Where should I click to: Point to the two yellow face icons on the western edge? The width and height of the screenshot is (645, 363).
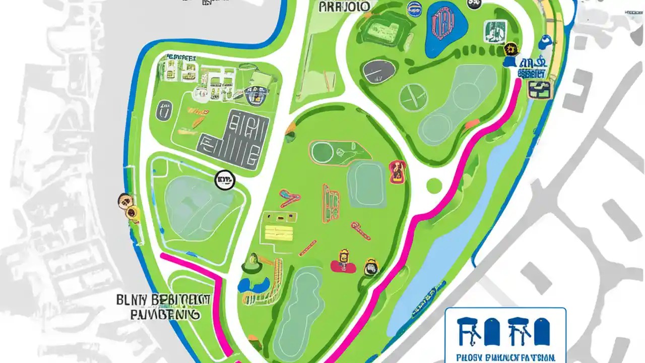click(x=128, y=207)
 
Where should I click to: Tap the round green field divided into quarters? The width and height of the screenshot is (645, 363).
click(x=413, y=97)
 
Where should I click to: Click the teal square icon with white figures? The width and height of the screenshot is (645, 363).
click(x=495, y=31)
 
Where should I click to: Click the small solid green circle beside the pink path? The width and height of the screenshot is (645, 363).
click(x=434, y=185)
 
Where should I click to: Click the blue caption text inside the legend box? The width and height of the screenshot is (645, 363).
click(x=505, y=355)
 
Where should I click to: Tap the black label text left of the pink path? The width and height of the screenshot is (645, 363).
click(x=164, y=307)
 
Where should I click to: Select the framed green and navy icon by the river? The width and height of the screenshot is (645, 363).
click(x=539, y=89)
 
